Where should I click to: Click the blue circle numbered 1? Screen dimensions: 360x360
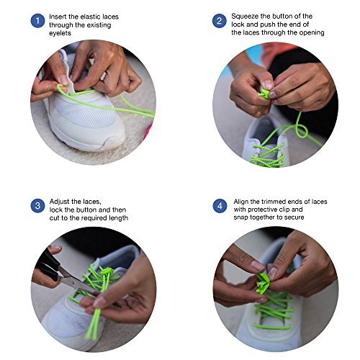37,21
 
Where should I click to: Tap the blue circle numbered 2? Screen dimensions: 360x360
220,21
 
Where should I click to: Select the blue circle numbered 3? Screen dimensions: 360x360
37,206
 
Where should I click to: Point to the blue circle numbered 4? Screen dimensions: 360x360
220,206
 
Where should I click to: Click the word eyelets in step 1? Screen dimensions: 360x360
60,33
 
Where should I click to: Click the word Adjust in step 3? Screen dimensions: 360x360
60,202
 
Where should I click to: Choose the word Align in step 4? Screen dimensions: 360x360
241,202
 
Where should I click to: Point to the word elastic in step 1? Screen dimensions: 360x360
91,17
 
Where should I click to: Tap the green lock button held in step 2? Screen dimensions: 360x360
264,93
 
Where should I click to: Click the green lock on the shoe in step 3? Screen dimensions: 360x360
107,272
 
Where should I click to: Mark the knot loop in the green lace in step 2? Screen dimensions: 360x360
302,131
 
